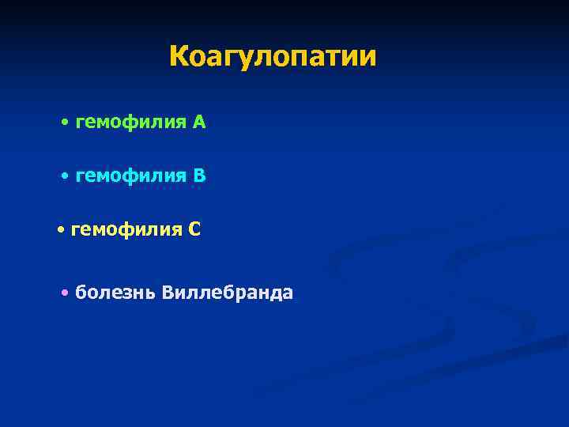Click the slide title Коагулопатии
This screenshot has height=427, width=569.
tap(273, 57)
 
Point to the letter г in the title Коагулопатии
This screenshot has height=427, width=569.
tap(229, 59)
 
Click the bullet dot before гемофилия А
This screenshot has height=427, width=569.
tap(64, 123)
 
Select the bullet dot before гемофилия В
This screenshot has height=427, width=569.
tap(64, 176)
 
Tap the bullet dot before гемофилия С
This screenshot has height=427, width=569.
tap(61, 230)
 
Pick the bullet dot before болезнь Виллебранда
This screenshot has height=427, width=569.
tap(64, 293)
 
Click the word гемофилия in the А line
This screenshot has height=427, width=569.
tap(130, 123)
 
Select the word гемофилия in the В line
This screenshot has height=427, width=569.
tap(130, 176)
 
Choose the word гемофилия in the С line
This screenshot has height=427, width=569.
tap(126, 230)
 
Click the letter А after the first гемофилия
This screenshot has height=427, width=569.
tap(198, 122)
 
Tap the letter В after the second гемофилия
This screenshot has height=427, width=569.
tap(199, 176)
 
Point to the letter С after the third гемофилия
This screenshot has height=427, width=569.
tap(194, 229)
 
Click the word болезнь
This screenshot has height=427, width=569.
tap(115, 293)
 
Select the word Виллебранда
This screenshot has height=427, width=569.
tap(227, 293)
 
